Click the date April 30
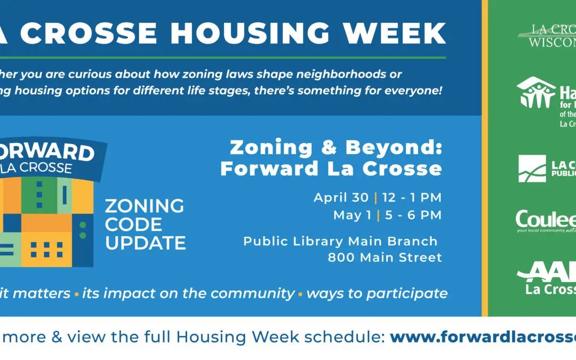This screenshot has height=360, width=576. coord(341,198)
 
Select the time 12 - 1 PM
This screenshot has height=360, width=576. coord(412,198)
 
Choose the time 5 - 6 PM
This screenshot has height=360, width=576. coord(412,215)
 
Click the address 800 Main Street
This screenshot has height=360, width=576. coord(385,258)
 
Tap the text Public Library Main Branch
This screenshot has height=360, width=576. coord(340,241)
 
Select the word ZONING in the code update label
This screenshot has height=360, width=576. coord(144,206)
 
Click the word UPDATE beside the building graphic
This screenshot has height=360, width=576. coord(145,243)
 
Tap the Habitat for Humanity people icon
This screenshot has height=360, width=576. coord(536,94)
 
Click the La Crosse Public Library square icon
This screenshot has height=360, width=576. coord(532,169)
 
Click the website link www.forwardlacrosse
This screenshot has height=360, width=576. coord(483,337)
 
